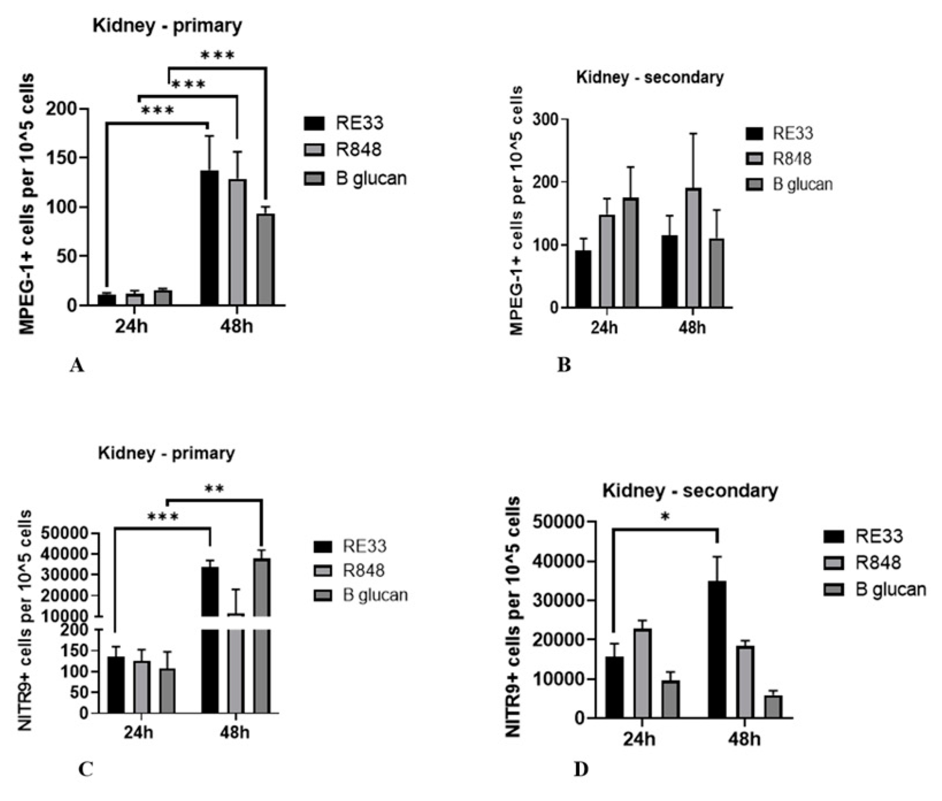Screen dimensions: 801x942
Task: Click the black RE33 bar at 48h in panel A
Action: [209, 238]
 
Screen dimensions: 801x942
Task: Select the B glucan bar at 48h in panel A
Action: [265, 259]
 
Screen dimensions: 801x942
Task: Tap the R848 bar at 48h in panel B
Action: [692, 248]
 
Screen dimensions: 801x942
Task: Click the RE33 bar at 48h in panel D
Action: [717, 650]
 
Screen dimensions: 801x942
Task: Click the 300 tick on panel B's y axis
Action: [546, 120]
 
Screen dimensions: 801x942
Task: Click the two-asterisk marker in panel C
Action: [214, 489]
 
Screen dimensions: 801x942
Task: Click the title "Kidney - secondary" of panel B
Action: [650, 77]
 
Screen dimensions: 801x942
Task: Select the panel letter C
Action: [85, 770]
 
